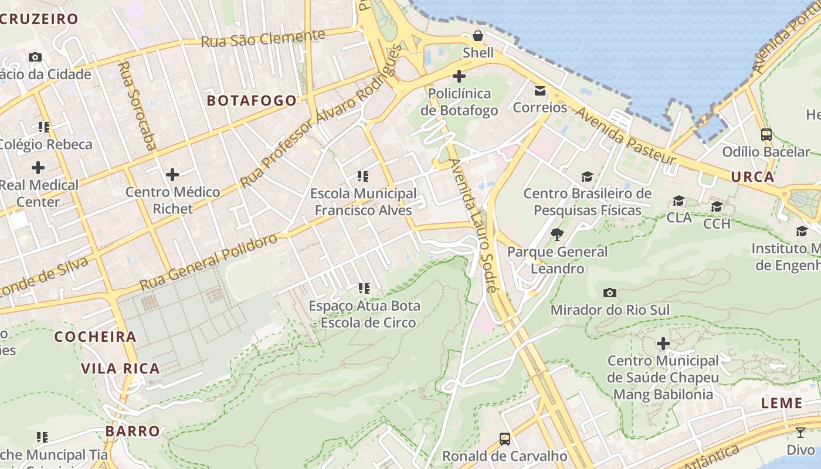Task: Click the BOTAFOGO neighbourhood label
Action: coord(252,100)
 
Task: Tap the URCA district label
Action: coord(752,176)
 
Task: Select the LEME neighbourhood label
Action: coord(782,403)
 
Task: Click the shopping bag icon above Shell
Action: coord(478,36)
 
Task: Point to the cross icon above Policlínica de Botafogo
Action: coord(459,76)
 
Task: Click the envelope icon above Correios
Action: coord(540,91)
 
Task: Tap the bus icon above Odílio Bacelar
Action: coord(766,135)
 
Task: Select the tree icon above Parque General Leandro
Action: coord(557,235)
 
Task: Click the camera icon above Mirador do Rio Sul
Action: coord(610,293)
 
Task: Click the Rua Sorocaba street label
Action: coord(135,106)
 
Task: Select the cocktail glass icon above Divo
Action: coord(800,433)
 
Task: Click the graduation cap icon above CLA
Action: coord(679,201)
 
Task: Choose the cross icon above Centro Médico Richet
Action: coord(172,175)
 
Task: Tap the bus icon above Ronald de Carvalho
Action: coord(504,439)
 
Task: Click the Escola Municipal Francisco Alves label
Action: coord(363,202)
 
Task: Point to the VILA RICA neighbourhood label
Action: coord(120,368)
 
